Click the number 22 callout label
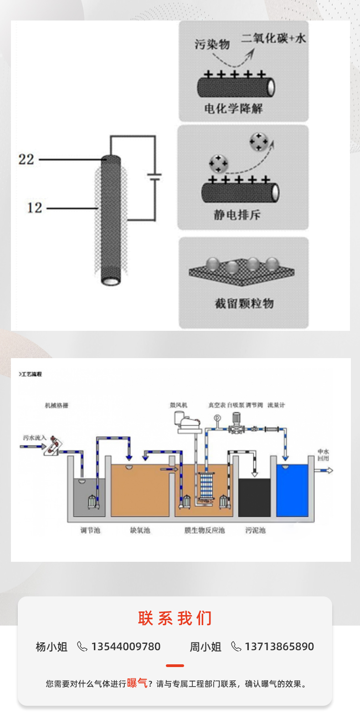(26, 159)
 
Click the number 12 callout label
(34, 208)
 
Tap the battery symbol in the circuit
(155, 177)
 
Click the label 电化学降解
(233, 108)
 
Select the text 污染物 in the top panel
(212, 44)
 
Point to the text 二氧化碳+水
(273, 38)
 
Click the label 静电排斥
(237, 215)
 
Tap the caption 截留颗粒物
(244, 303)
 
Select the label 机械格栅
(57, 405)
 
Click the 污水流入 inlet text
(35, 438)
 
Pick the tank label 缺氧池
(140, 530)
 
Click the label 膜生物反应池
(204, 530)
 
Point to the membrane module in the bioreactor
(206, 487)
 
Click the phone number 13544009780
(126, 647)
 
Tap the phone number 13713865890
(279, 647)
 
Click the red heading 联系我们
(175, 618)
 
